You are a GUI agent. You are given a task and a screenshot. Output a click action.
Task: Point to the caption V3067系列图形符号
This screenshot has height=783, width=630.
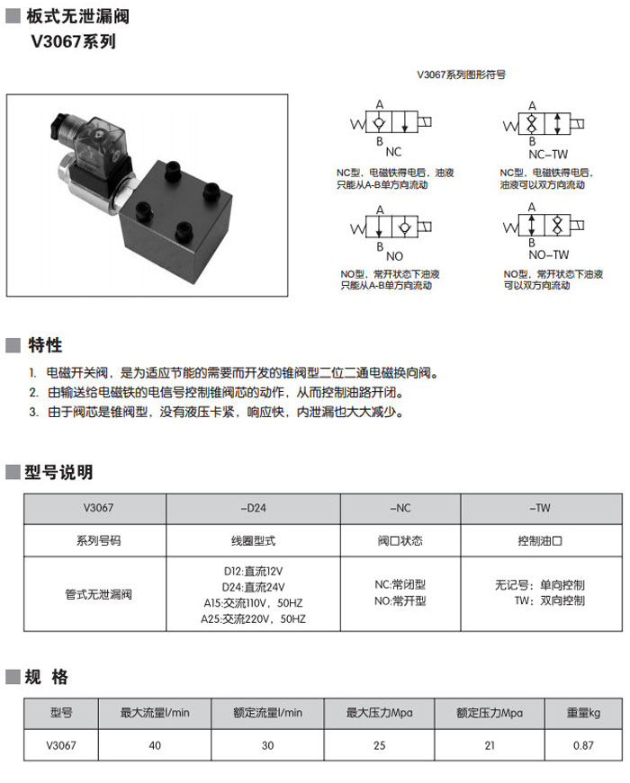click(x=461, y=76)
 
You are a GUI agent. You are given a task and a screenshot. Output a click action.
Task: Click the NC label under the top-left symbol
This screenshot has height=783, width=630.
click(x=392, y=151)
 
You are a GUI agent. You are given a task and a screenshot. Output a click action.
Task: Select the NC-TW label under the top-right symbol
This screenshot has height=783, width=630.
click(x=548, y=153)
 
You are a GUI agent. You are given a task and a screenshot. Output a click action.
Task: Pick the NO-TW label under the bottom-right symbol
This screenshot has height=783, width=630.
click(x=548, y=254)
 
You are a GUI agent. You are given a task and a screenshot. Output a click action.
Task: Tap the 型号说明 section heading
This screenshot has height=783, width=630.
click(x=58, y=472)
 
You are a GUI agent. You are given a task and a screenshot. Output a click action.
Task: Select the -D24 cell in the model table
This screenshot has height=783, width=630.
click(x=254, y=509)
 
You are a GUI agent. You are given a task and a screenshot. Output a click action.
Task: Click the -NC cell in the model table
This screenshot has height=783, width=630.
click(x=400, y=509)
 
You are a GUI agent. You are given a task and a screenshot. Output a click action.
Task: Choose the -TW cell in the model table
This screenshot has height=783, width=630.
click(x=541, y=509)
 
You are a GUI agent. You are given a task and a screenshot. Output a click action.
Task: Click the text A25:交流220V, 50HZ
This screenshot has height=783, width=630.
click(x=253, y=619)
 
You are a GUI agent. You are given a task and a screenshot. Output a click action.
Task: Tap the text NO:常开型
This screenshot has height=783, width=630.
click(x=400, y=601)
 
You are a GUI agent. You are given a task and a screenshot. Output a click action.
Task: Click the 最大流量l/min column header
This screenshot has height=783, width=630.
click(x=155, y=713)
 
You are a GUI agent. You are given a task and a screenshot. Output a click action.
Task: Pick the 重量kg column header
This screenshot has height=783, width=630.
click(x=583, y=713)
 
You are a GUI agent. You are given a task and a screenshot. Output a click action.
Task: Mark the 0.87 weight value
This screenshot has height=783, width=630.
click(x=583, y=745)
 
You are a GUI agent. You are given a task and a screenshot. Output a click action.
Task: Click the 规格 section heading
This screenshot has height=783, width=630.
click(x=47, y=677)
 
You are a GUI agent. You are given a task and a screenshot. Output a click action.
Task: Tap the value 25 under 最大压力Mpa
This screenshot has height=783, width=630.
click(x=379, y=745)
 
